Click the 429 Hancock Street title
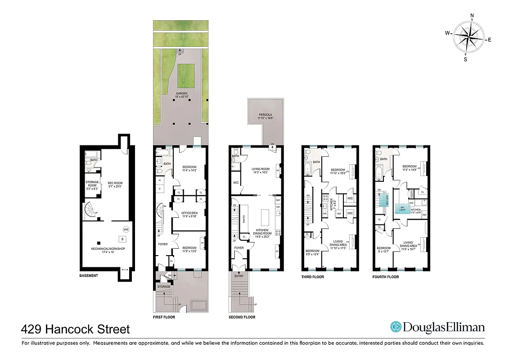pyautogui.click(x=76, y=329)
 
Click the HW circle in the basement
pyautogui.click(x=126, y=229)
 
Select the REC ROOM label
pyautogui.click(x=115, y=184)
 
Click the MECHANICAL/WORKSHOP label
pyautogui.click(x=107, y=250)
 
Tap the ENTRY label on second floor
pyautogui.click(x=239, y=275)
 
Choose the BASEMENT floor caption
pyautogui.click(x=89, y=275)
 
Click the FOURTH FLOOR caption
pyautogui.click(x=386, y=277)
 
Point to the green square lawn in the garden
pyautogui.click(x=186, y=74)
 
